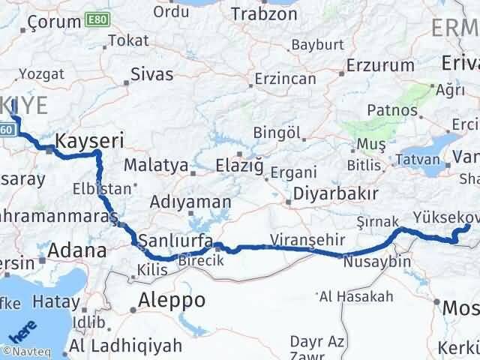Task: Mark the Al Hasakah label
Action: (x=355, y=297)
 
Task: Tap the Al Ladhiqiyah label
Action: (x=126, y=346)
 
